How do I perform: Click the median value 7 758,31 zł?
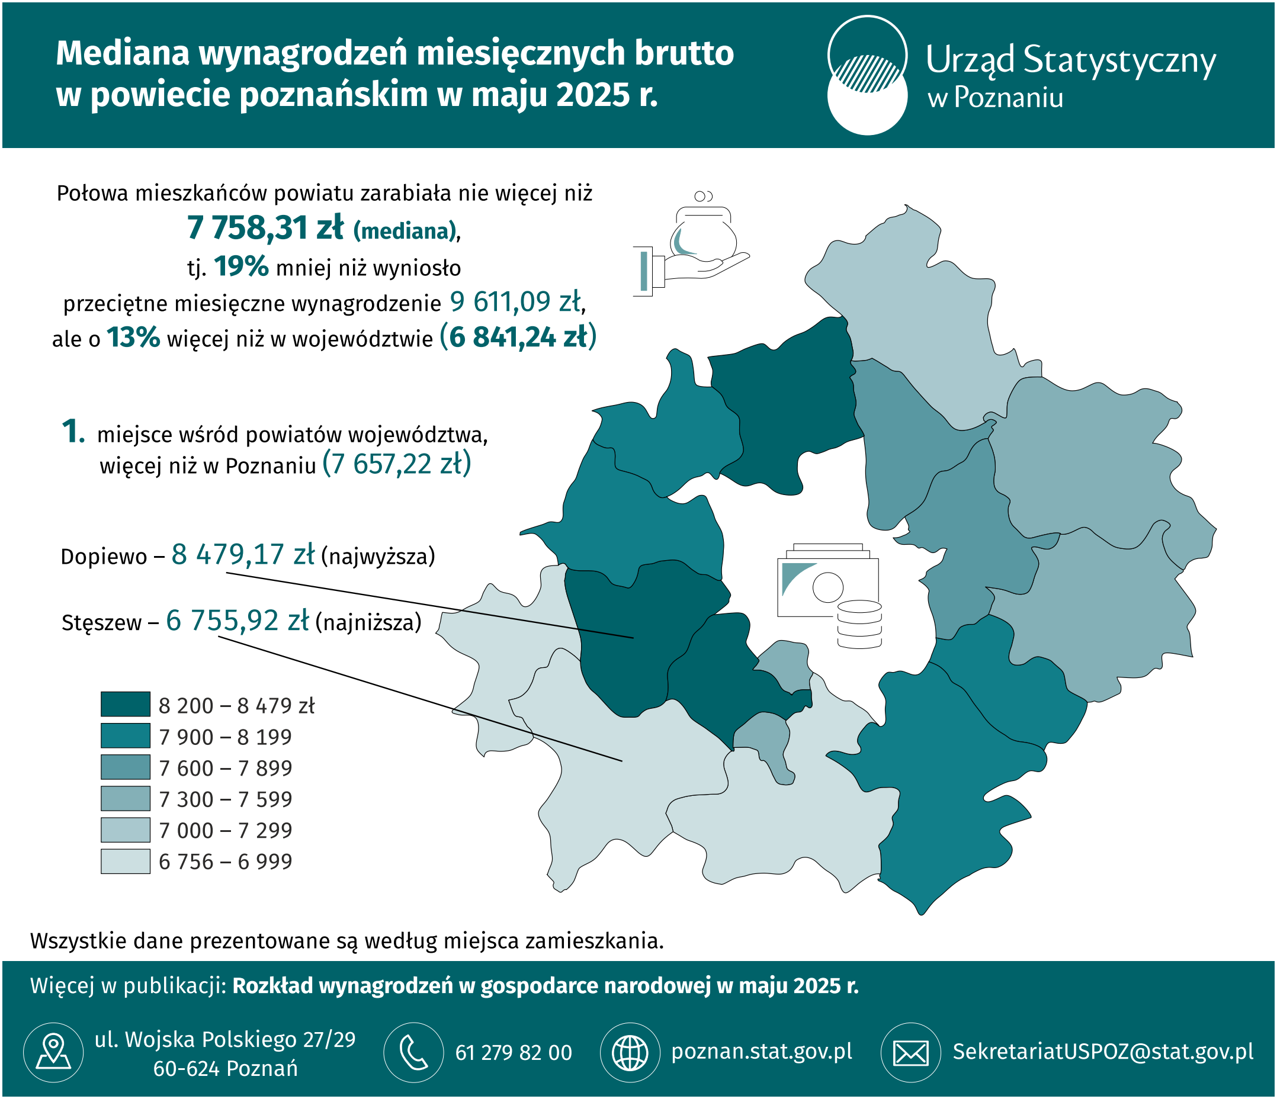[x=265, y=228]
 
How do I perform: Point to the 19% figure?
[x=241, y=266]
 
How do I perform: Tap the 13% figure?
[x=133, y=338]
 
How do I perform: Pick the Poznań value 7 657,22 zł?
[x=396, y=464]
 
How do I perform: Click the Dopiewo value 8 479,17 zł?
[x=243, y=554]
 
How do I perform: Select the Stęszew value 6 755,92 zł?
[x=238, y=621]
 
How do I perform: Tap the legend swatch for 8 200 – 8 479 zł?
[x=125, y=704]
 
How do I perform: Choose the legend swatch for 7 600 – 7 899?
[x=125, y=767]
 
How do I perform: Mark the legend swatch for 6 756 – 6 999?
[x=125, y=860]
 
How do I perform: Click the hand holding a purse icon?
[x=690, y=246]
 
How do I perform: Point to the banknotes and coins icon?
[x=829, y=595]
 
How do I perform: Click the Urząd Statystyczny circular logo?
[x=867, y=75]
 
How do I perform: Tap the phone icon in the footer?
[x=413, y=1052]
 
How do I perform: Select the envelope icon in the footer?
[x=910, y=1052]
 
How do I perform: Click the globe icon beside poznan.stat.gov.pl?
[x=629, y=1052]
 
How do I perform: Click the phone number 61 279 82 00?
[x=514, y=1053]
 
